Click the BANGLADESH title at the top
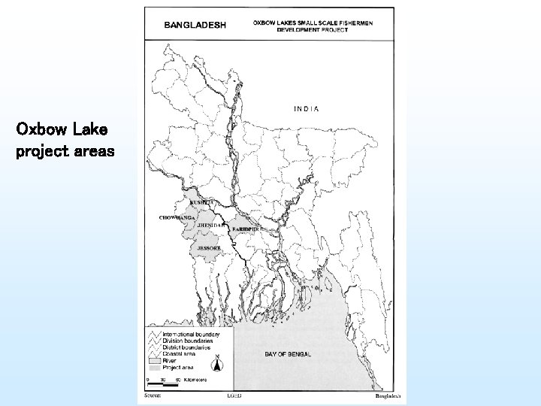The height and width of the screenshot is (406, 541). pos(195,24)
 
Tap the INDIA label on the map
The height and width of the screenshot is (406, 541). pos(306,109)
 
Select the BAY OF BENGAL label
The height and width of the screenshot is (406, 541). pos(288,353)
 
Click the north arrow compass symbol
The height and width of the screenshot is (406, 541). pos(217,364)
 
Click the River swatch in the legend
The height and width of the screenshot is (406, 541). pos(156,359)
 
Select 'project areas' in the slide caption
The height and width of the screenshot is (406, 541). pos(65,151)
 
